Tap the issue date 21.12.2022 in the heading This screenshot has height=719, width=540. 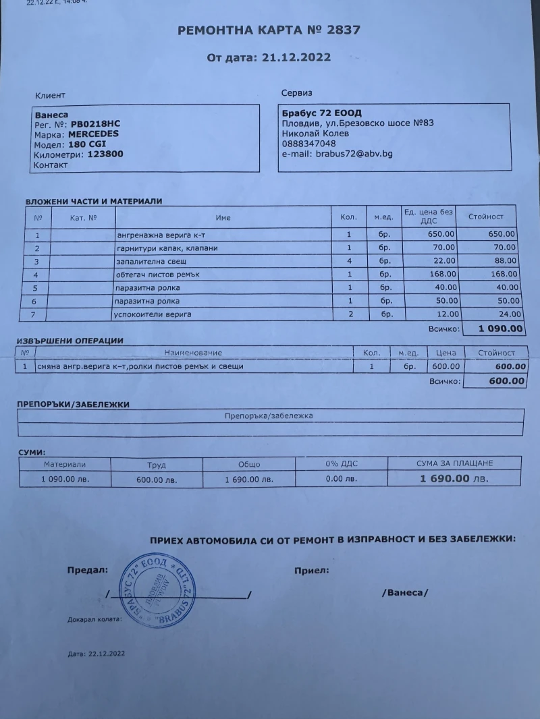pyautogui.click(x=294, y=57)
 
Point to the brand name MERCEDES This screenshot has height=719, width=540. pyautogui.click(x=93, y=134)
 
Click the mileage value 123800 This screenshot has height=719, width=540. pyautogui.click(x=105, y=154)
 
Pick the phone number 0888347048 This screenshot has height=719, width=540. pyautogui.click(x=308, y=144)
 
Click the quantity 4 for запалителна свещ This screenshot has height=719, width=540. pyautogui.click(x=349, y=261)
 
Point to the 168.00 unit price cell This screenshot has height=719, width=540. pyautogui.click(x=443, y=275)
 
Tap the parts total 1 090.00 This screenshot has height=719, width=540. pyautogui.click(x=500, y=329)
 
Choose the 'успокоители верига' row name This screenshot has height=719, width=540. pyautogui.click(x=154, y=314)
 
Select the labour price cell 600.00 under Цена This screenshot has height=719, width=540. pyautogui.click(x=446, y=366)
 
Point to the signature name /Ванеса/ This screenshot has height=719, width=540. pyautogui.click(x=405, y=592)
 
